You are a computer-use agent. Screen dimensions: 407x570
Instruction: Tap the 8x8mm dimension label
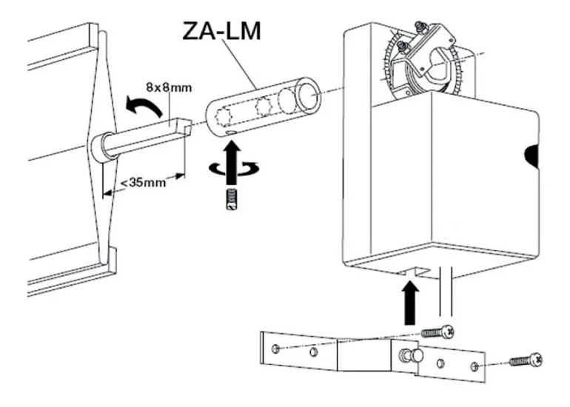pos(169,87)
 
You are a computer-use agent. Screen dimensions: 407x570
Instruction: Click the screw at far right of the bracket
pos(526,361)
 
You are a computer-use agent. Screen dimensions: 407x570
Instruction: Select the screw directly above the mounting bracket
pos(438,332)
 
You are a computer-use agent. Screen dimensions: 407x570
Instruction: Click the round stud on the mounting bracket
pos(416,356)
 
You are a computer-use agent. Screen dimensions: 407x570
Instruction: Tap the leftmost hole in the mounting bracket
pos(275,347)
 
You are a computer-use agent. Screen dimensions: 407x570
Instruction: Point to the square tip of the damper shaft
pos(188,127)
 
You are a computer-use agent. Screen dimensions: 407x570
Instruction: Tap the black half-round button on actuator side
pos(532,154)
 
